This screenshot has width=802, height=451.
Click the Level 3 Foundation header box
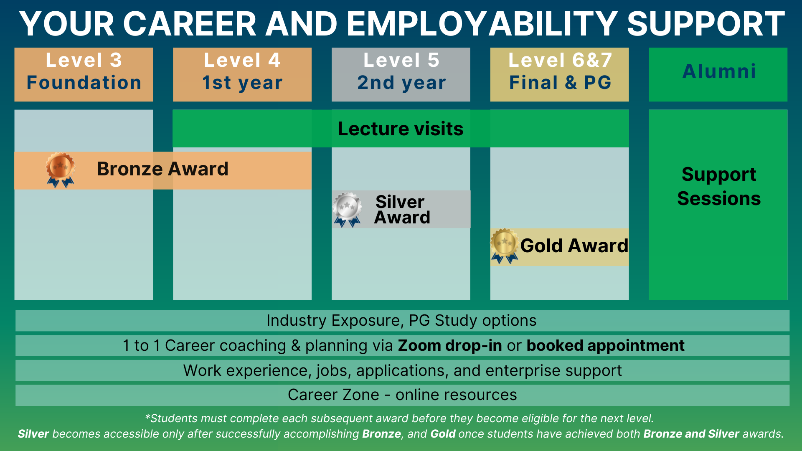[x=84, y=74]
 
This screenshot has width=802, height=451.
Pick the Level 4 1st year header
[x=242, y=74]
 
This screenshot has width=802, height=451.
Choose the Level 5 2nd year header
[x=401, y=74]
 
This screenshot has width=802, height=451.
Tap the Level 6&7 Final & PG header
[x=559, y=74]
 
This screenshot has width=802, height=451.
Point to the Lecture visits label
[x=401, y=129]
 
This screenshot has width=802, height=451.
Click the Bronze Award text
[x=162, y=169]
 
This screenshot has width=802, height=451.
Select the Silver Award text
[x=402, y=210]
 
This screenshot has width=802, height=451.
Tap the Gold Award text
[x=574, y=246]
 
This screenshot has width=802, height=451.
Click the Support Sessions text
[x=719, y=186]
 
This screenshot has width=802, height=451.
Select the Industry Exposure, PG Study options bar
[x=402, y=321]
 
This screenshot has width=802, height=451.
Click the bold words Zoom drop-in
[x=450, y=345]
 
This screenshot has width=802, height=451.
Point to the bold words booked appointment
[x=605, y=346]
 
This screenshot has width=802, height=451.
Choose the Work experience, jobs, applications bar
[x=402, y=370]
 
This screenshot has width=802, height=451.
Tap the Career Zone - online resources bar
[x=402, y=395]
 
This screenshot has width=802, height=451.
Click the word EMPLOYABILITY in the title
[x=482, y=24]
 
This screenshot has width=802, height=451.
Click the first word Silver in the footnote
[x=33, y=434]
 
